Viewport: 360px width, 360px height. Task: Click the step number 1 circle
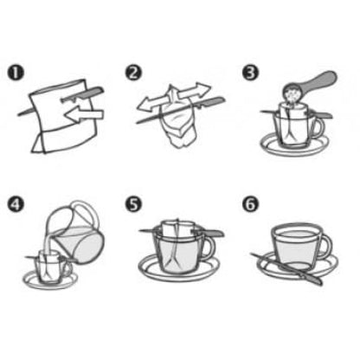point(16,73)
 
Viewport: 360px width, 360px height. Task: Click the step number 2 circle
point(133,73)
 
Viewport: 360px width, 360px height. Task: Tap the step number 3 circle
point(250,73)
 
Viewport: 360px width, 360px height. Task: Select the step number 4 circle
point(16,204)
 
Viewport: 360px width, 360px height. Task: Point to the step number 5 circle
point(133,204)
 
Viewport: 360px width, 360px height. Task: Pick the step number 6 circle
point(250,204)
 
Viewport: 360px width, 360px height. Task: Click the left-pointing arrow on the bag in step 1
point(84,114)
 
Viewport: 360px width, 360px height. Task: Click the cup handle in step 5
point(209,247)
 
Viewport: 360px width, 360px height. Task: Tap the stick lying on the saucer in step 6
point(286,269)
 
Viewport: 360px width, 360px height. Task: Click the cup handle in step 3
point(318,128)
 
